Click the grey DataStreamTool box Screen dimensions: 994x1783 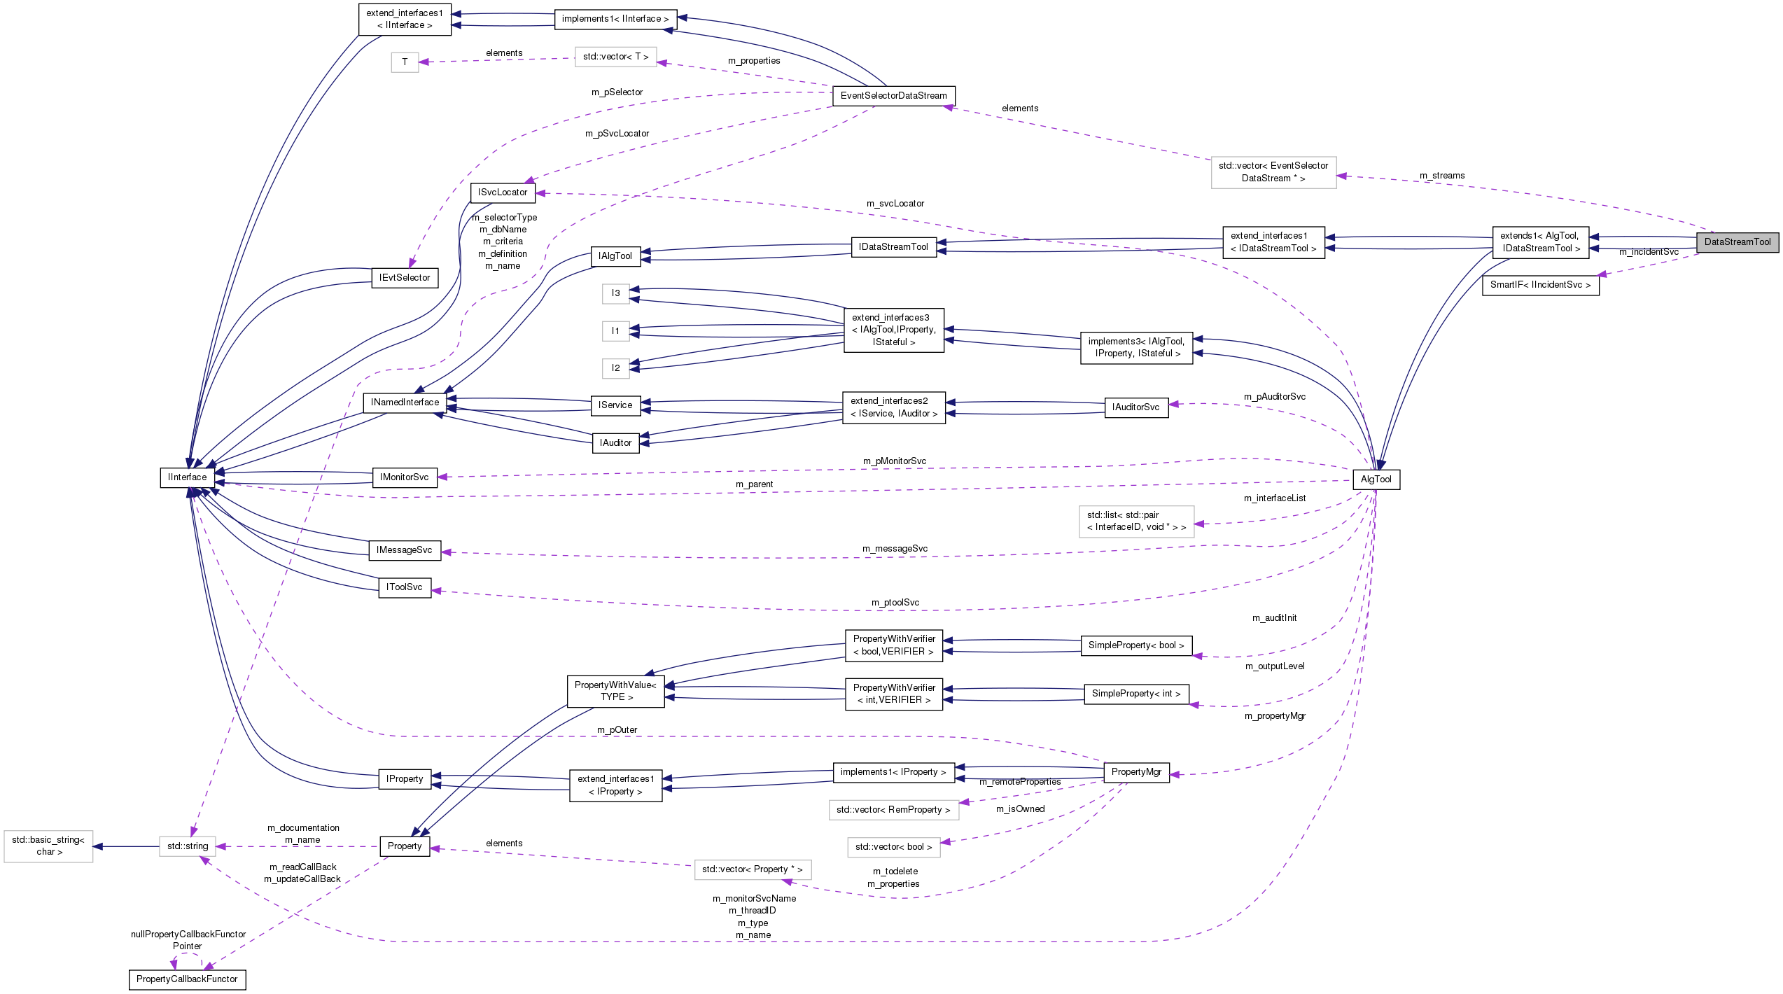tap(1737, 242)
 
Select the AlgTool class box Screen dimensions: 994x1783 tap(1376, 479)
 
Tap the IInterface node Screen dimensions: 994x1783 tap(187, 477)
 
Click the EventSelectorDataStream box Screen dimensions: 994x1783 tap(893, 96)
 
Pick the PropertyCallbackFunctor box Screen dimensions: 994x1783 tap(187, 979)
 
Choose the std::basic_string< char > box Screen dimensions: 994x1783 tap(48, 846)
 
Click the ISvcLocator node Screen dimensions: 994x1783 tap(503, 192)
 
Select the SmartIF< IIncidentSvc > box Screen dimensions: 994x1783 tap(1540, 285)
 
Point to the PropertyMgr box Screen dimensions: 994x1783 tap(1136, 772)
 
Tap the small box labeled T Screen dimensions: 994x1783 tap(405, 62)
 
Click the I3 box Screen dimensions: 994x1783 tap(615, 293)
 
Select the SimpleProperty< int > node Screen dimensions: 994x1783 tap(1136, 694)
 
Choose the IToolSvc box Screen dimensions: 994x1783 tap(404, 587)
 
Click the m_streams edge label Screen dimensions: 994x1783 tap(1442, 176)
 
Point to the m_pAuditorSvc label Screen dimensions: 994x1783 tap(1274, 397)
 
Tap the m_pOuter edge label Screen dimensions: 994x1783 tap(617, 730)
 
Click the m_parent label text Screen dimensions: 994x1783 tap(754, 484)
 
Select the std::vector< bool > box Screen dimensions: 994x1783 tap(893, 847)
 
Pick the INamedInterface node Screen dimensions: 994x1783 tap(405, 402)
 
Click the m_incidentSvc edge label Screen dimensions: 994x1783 tap(1649, 252)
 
